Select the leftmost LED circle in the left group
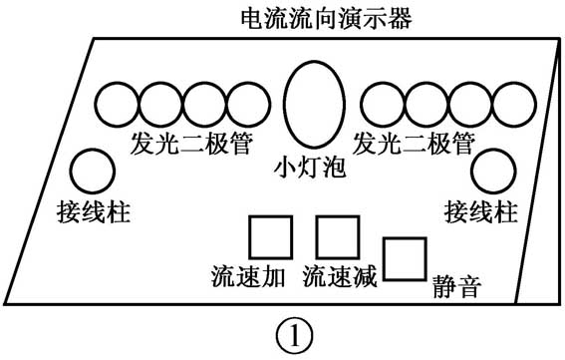coord(119,106)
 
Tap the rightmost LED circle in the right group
coord(512,106)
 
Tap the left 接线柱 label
coord(94,211)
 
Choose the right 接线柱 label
coord(481,211)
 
